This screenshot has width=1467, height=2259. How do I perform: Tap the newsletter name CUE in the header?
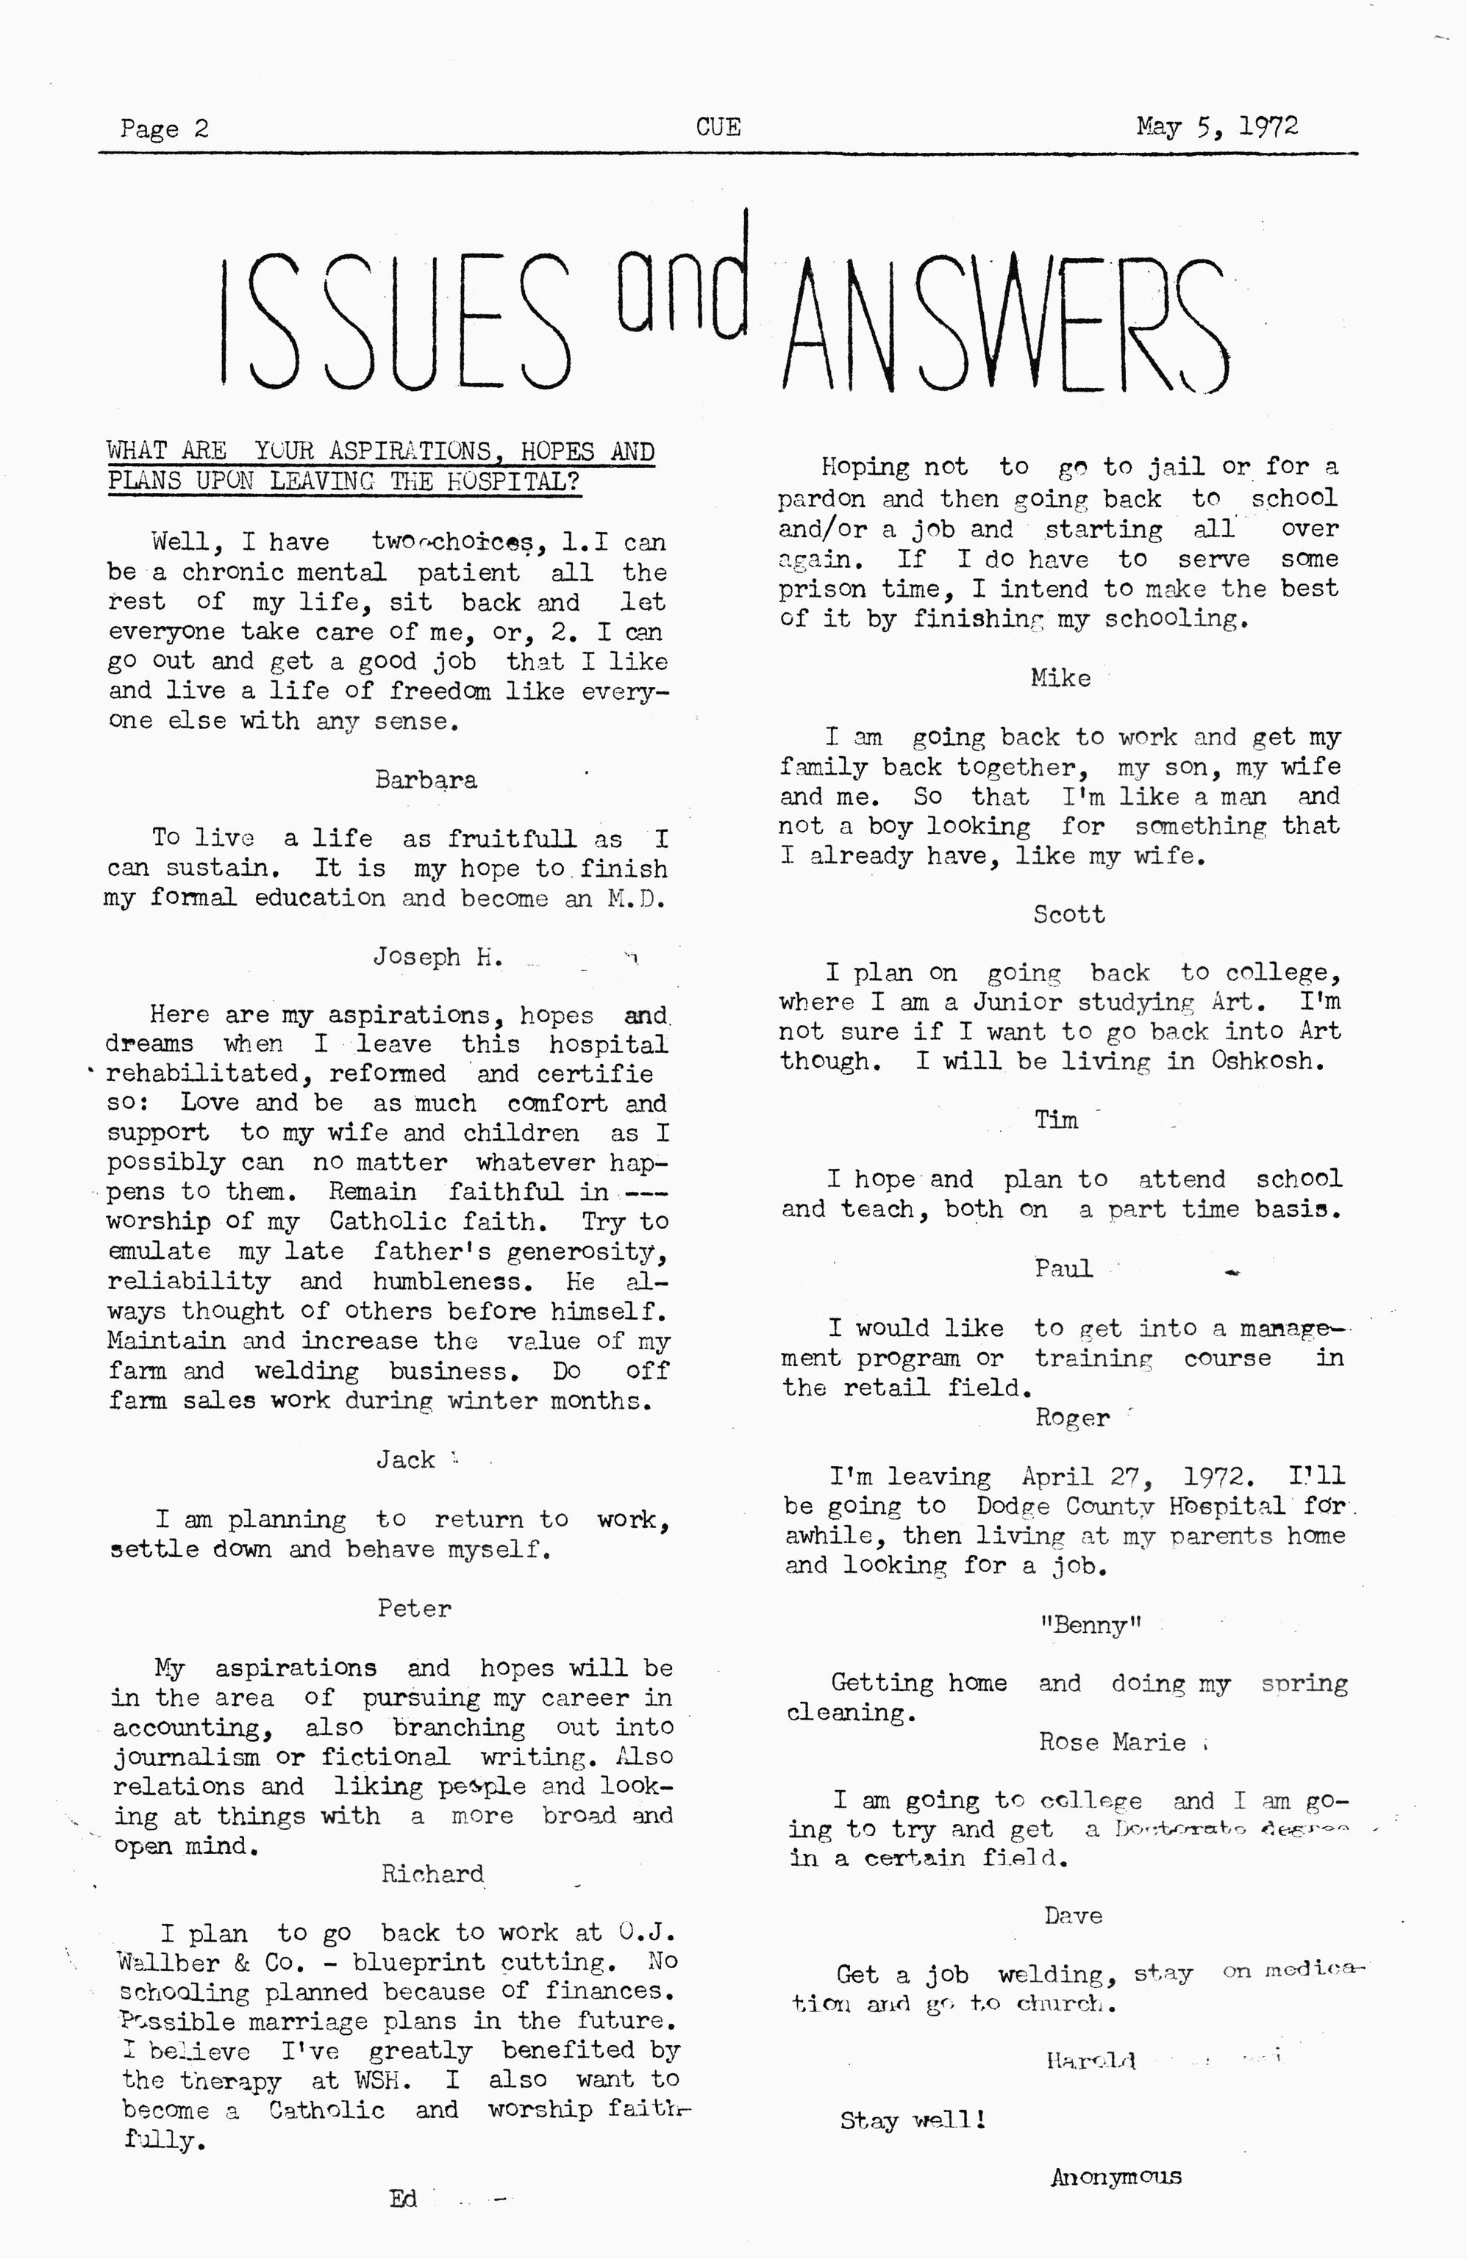point(718,127)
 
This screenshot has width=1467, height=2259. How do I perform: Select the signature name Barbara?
point(425,780)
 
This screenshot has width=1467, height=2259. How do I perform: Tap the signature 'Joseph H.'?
point(437,957)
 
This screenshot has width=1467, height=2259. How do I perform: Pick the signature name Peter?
point(414,1608)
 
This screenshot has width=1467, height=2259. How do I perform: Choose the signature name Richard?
point(432,1874)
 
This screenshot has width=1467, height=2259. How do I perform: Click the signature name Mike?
point(1060,678)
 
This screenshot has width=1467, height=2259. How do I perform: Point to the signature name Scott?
point(1069,914)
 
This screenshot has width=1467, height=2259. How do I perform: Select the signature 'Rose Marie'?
point(1112,1742)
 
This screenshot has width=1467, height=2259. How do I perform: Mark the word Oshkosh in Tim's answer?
point(1267,1060)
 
